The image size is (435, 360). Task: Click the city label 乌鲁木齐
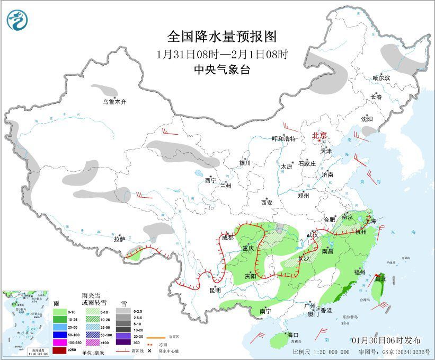click(x=115, y=102)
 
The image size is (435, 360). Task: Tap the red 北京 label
click(x=319, y=136)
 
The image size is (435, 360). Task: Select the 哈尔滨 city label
click(x=381, y=78)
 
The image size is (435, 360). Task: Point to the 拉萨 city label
click(x=120, y=239)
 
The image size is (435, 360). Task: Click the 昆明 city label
click(x=215, y=289)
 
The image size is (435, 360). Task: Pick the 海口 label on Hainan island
click(x=293, y=335)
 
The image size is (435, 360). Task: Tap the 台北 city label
click(x=380, y=278)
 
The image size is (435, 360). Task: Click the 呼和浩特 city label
click(x=283, y=138)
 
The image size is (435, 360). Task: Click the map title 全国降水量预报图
click(x=222, y=36)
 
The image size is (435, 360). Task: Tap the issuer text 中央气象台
click(x=222, y=69)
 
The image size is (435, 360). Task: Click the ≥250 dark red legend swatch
click(x=59, y=349)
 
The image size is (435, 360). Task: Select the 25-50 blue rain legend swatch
click(x=59, y=327)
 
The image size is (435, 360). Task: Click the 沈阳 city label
click(x=367, y=119)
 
